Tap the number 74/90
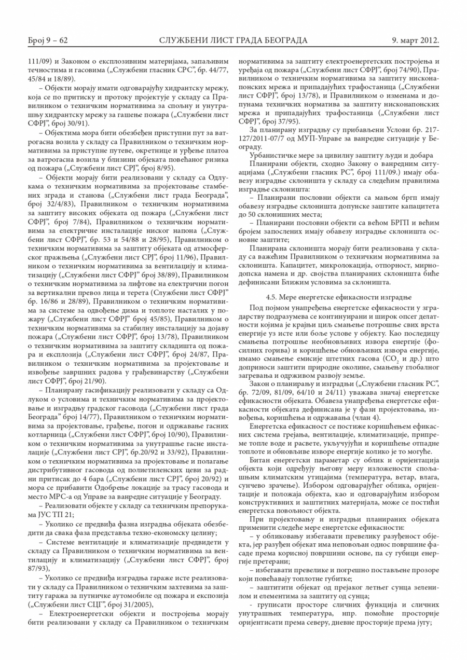(410, 69)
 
